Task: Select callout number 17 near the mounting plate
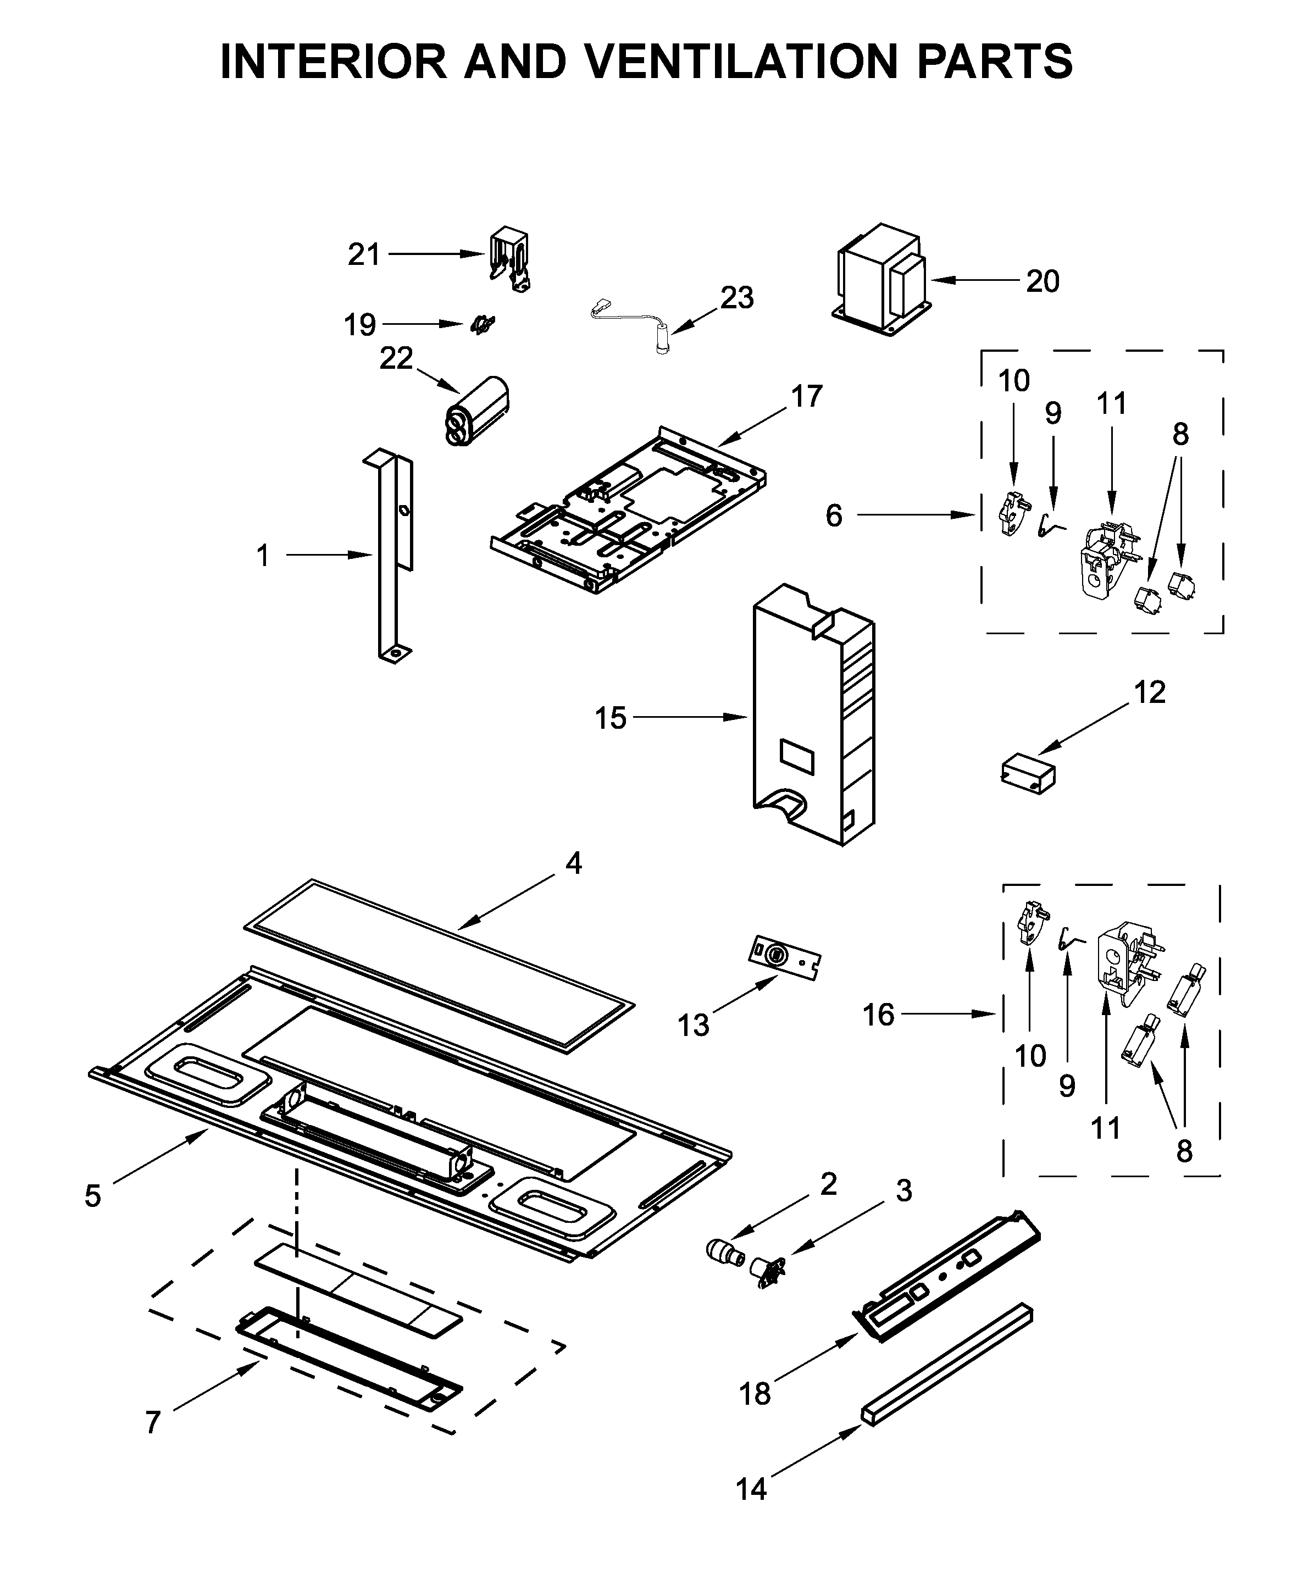pos(807,396)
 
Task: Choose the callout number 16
pos(878,1015)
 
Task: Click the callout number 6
pos(834,516)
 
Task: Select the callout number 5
pos(92,1196)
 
